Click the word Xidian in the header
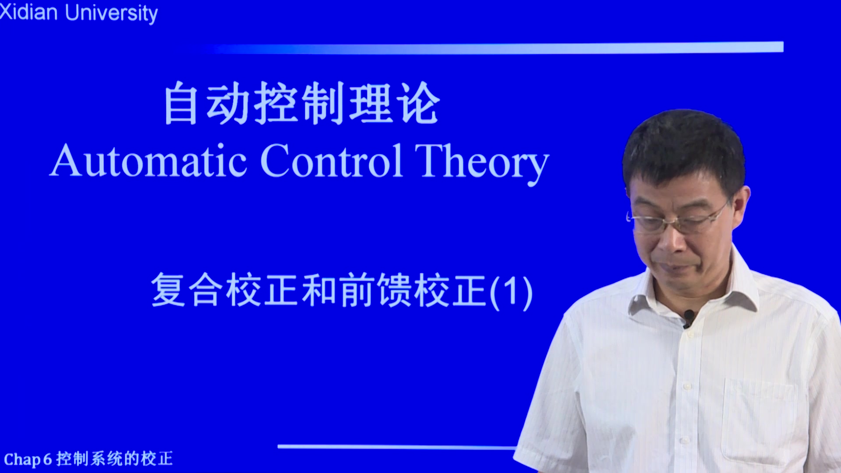point(29,12)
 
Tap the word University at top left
point(111,14)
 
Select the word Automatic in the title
point(148,161)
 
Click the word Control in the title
point(332,161)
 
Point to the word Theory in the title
point(482,164)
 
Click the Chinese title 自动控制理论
point(302,103)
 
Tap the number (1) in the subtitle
point(511,292)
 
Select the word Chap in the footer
point(22,459)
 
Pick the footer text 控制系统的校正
point(115,459)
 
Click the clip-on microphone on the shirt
point(688,318)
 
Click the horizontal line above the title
point(495,48)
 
